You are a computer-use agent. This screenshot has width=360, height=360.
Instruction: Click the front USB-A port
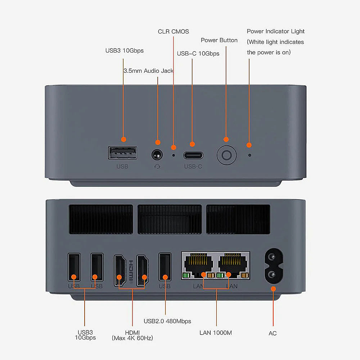pyautogui.click(x=122, y=153)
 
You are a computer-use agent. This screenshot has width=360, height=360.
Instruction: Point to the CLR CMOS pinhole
pyautogui.click(x=174, y=156)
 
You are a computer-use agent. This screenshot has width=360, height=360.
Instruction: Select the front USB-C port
pyautogui.click(x=193, y=156)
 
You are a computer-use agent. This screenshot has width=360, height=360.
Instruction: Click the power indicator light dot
pyautogui.click(x=250, y=155)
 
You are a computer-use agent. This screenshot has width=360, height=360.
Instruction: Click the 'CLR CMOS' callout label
pyautogui.click(x=173, y=32)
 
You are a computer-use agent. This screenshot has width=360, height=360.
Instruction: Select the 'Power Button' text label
pyautogui.click(x=219, y=40)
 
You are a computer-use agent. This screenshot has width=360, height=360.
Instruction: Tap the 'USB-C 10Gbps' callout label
pyautogui.click(x=198, y=54)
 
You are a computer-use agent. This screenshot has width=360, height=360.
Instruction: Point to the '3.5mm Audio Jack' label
pyautogui.click(x=148, y=71)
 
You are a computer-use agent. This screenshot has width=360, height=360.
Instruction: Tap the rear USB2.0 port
pyautogui.click(x=165, y=268)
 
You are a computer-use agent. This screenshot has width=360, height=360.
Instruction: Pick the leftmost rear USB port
pyautogui.click(x=74, y=268)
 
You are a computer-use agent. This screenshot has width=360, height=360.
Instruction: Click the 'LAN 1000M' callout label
pyautogui.click(x=216, y=333)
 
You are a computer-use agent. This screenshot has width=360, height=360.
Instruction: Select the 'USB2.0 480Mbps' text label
pyautogui.click(x=167, y=321)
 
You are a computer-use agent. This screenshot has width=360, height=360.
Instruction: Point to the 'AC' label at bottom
pyautogui.click(x=273, y=333)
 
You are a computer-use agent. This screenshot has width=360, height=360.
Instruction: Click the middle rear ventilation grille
pyautogui.click(x=170, y=219)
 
